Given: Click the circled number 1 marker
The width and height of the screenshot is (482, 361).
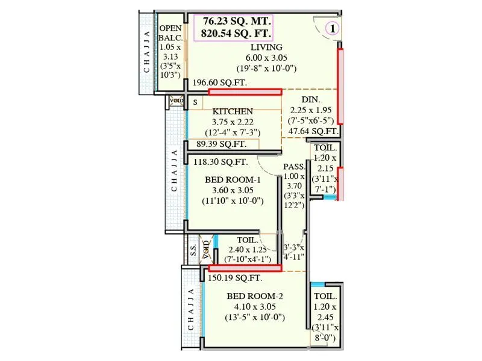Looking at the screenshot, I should (333, 27).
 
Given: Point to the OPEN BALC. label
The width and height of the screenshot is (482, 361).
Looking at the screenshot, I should (169, 33).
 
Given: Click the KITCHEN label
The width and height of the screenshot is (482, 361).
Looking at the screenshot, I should (233, 111).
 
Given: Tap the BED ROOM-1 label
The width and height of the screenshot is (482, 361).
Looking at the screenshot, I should (233, 180).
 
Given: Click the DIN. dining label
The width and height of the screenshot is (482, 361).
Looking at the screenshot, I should (311, 99).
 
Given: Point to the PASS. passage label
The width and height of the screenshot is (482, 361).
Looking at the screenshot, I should (294, 166).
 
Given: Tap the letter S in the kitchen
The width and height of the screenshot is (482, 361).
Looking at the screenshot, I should (195, 103).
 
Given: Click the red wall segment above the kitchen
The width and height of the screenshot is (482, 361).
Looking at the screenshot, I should (245, 91).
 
